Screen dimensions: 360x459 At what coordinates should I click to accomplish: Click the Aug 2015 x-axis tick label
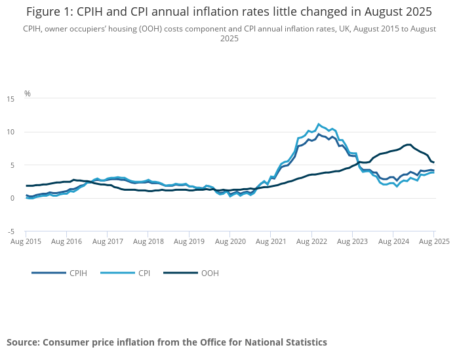[26, 241]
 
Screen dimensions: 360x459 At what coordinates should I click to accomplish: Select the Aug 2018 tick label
[148, 241]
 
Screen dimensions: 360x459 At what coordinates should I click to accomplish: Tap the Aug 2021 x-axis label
[270, 241]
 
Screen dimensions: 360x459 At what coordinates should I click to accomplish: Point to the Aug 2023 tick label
[352, 241]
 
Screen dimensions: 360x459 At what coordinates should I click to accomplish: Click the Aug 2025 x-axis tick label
[433, 241]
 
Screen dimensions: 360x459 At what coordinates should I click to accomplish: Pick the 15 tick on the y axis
[10, 99]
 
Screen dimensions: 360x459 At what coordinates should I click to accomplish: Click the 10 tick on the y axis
[10, 132]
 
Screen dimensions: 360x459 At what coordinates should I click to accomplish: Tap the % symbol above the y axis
[28, 93]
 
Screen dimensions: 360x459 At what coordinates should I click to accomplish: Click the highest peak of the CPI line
[319, 124]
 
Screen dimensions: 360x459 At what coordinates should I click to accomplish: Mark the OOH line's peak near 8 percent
[409, 144]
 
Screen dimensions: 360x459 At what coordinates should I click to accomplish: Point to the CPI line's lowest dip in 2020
[230, 196]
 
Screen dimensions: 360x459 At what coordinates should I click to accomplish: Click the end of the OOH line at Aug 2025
[433, 163]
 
